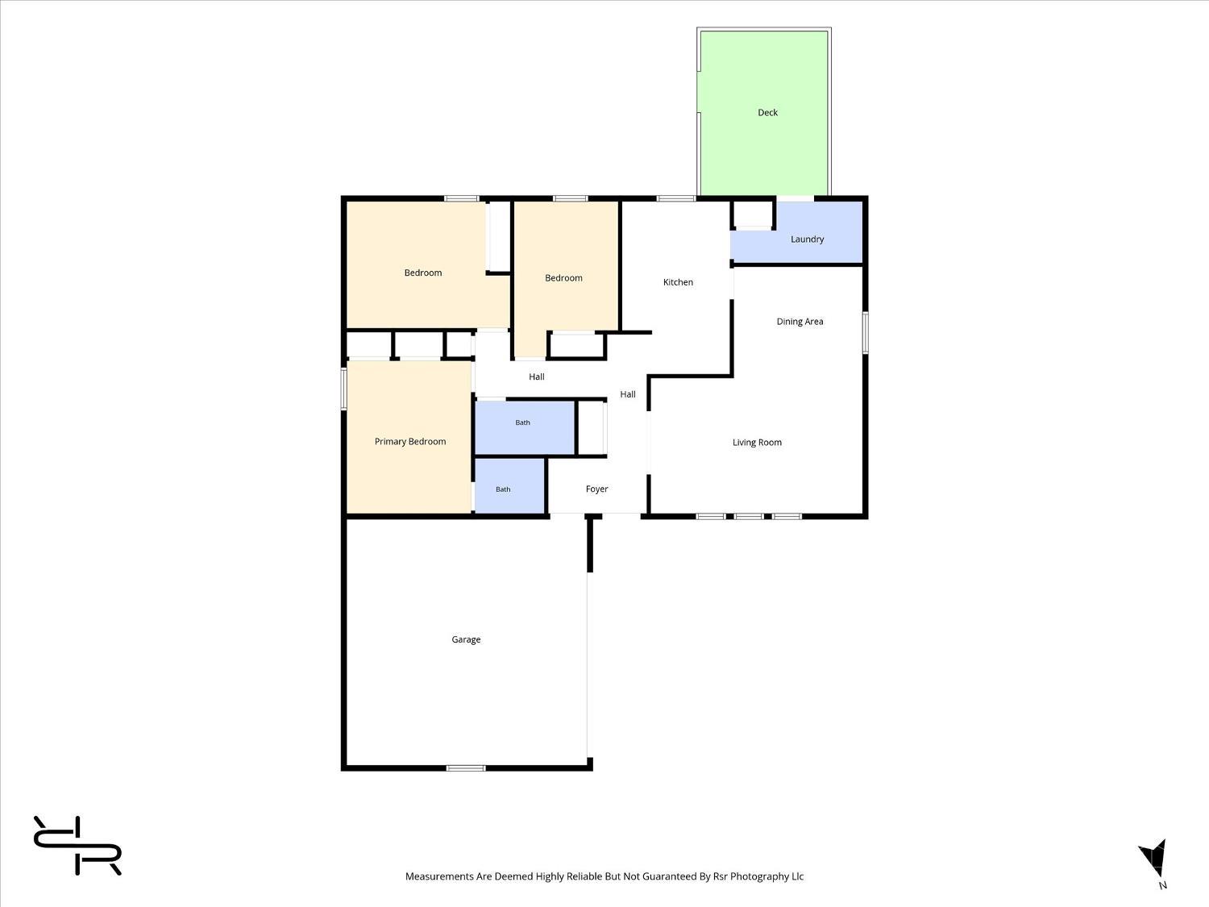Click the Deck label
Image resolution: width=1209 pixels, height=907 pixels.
tap(767, 112)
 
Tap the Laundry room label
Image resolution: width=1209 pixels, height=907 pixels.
tap(807, 239)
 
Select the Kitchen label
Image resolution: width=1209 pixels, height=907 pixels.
tap(678, 282)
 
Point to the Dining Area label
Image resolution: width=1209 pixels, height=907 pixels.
tap(800, 321)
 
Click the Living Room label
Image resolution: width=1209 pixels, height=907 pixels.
tap(757, 442)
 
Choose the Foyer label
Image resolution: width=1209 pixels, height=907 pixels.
tap(596, 489)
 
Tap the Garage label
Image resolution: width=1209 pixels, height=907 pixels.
tap(466, 639)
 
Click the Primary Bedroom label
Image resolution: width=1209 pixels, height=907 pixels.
tap(409, 441)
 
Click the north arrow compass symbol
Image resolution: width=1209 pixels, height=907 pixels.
tap(1153, 859)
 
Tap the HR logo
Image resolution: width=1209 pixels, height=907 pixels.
tap(77, 845)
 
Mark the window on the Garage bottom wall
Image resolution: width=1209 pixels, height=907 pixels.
tap(465, 768)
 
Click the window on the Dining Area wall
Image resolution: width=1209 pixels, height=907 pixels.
tap(866, 332)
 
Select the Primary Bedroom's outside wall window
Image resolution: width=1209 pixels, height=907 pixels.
tap(344, 389)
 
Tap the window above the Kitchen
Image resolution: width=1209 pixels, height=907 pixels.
tap(675, 198)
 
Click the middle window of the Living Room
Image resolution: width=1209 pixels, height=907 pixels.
tap(749, 516)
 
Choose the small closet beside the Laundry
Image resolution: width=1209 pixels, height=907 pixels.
tap(754, 214)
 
